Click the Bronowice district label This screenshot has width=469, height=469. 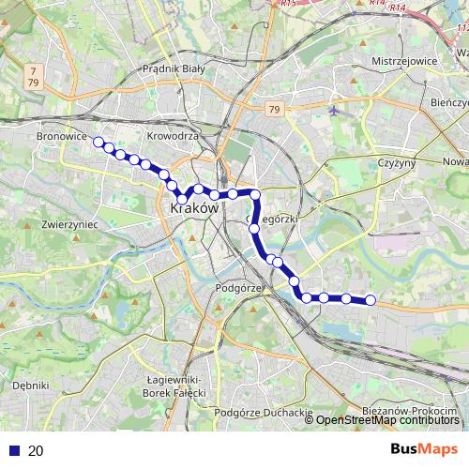(x=61, y=137)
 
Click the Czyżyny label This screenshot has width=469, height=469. (x=395, y=163)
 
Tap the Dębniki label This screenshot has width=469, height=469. (x=31, y=385)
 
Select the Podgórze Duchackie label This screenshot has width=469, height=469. (x=263, y=412)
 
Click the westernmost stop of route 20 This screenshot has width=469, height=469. (x=98, y=143)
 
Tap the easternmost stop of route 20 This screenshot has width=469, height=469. (x=370, y=300)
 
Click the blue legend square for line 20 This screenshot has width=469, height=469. (x=11, y=450)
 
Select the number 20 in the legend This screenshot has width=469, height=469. (x=36, y=450)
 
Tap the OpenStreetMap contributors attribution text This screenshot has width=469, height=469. (x=387, y=420)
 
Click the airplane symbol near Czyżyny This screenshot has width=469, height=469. (x=335, y=111)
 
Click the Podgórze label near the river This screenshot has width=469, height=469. (x=236, y=288)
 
